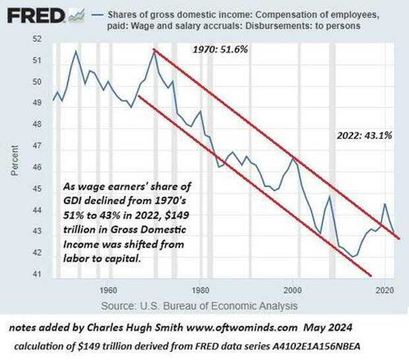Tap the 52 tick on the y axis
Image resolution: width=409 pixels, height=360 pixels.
pyautogui.click(x=36, y=40)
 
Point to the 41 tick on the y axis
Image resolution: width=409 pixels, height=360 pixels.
pyautogui.click(x=36, y=274)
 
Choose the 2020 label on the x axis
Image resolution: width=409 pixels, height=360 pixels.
pyautogui.click(x=387, y=289)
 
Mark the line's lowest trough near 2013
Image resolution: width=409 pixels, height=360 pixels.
pyautogui.click(x=354, y=256)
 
